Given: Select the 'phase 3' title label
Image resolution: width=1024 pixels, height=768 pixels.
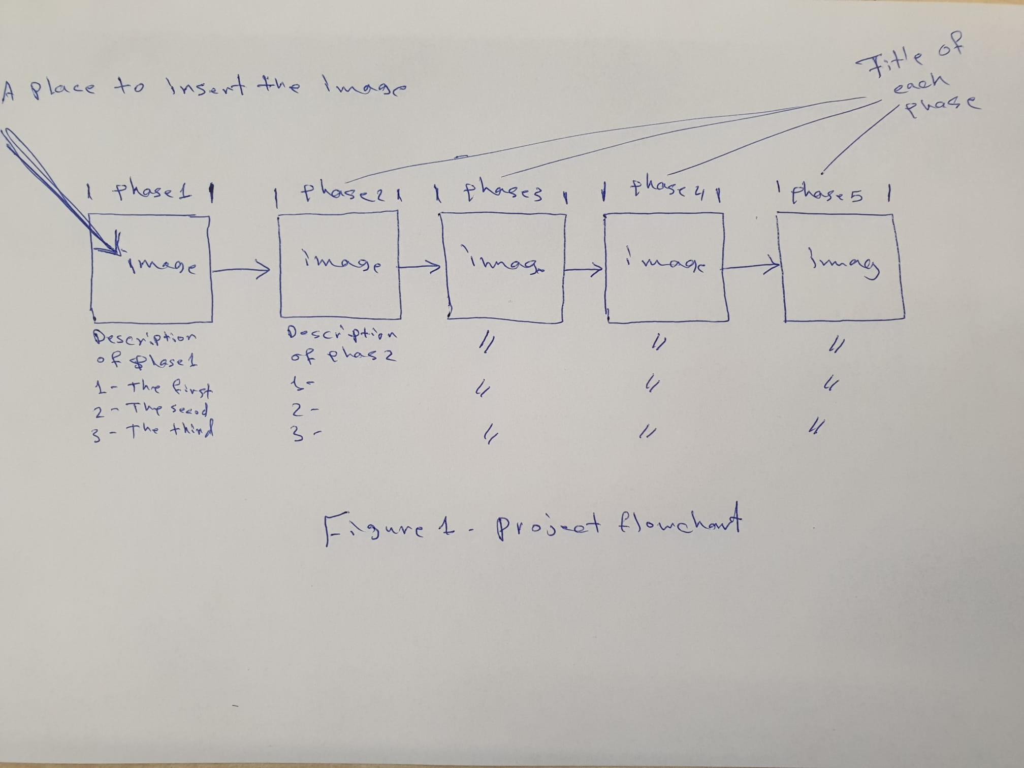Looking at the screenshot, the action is [503, 193].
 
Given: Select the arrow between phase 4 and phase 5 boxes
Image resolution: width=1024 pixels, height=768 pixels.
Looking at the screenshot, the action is [751, 265].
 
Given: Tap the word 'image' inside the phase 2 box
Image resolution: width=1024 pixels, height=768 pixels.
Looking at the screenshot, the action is [342, 261].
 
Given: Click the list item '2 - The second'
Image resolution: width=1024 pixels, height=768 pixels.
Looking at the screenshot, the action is [151, 409].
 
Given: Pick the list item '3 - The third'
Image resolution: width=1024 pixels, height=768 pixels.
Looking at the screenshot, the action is [152, 431].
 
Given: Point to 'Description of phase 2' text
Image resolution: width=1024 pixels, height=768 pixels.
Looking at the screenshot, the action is [342, 344].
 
